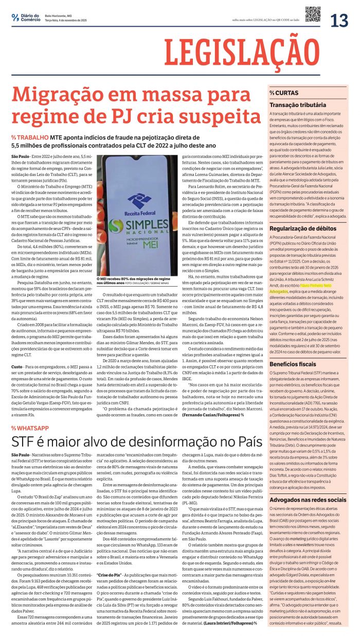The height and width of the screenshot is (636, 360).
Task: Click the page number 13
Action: point(339,20)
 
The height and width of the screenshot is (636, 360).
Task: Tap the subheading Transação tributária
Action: point(298,105)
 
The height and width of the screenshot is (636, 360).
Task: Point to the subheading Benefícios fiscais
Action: point(293,364)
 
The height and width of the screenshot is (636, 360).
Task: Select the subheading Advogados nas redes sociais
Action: point(308,500)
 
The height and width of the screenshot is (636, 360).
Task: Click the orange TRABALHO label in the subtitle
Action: point(33,137)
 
